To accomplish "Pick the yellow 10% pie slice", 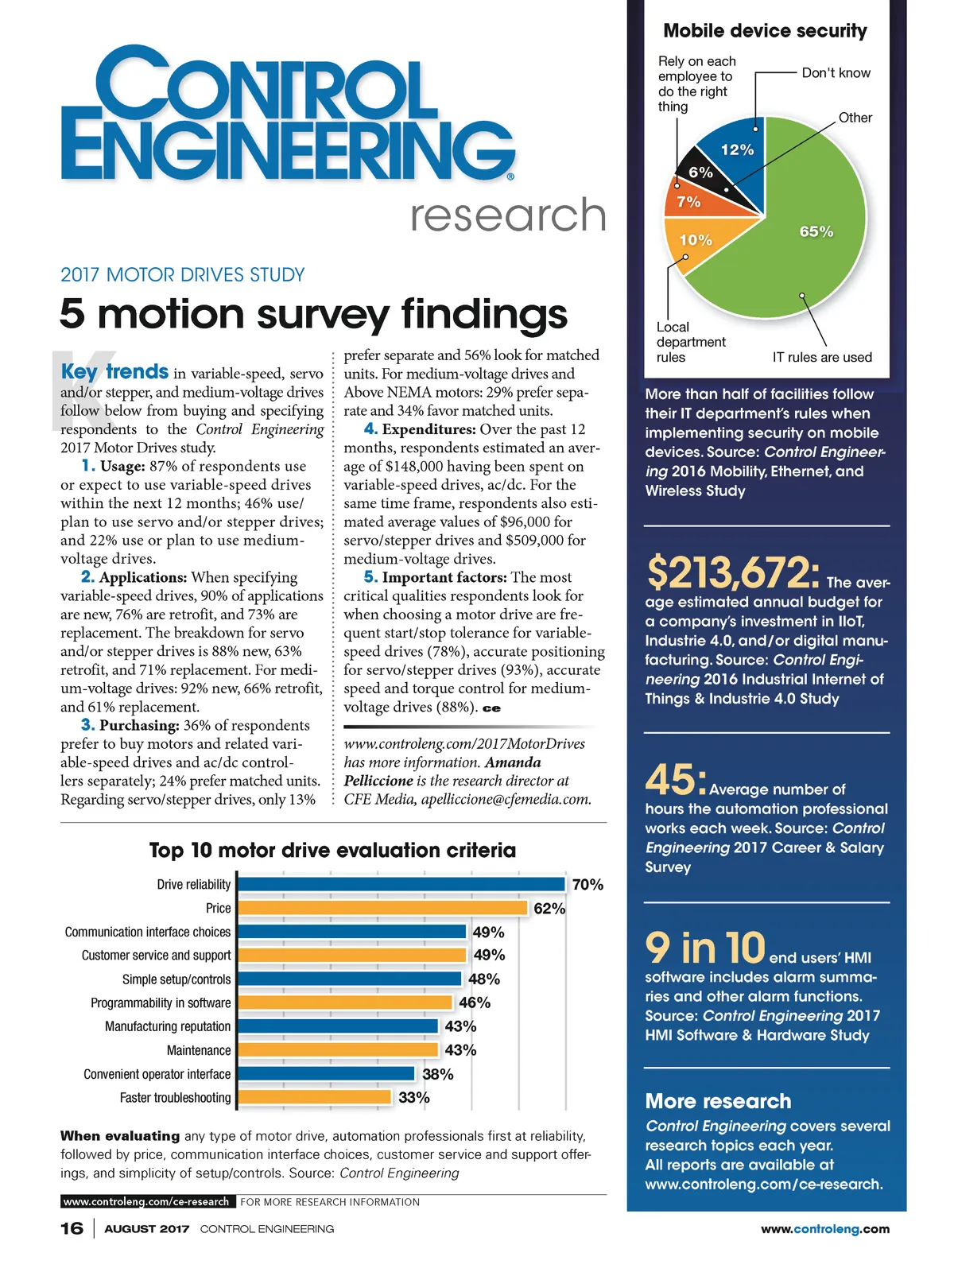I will [700, 242].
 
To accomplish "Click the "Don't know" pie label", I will [836, 73].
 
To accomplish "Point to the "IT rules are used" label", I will [822, 358].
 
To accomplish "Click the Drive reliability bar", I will [401, 884].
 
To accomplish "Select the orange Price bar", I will [382, 908].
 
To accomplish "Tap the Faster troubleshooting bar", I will [315, 1098].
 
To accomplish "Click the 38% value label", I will [437, 1075].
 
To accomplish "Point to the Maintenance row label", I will [199, 1051].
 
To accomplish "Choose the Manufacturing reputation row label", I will [168, 1027].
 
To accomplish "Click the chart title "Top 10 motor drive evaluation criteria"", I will [332, 851].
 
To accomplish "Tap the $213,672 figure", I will [732, 572].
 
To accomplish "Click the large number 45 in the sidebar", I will [673, 780].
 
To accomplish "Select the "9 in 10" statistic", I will [704, 947].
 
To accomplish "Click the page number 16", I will [72, 1229].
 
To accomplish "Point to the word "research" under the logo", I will [508, 215].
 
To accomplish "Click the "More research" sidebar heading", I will [718, 1101].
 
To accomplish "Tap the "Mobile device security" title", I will [765, 31].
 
